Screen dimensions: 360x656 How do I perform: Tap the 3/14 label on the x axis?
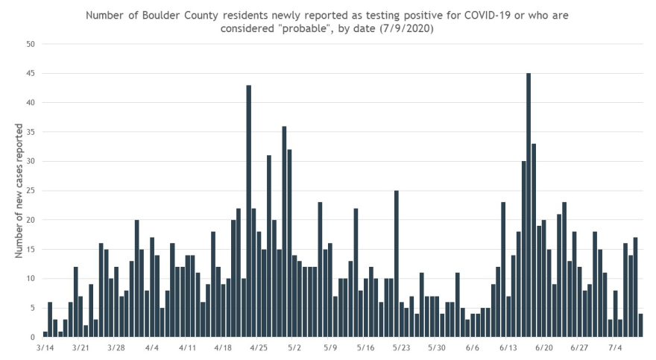coord(45,347)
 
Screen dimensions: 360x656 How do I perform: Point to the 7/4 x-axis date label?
coord(615,347)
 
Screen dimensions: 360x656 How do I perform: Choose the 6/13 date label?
coord(508,347)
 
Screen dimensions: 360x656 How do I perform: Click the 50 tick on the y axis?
coord(31,44)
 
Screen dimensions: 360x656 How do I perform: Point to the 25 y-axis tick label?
coord(31,191)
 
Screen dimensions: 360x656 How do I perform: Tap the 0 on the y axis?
coord(33,337)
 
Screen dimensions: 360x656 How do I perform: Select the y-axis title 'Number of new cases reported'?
coord(18,190)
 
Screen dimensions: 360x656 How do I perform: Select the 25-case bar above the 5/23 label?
coord(397,264)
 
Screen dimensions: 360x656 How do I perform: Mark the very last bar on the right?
coord(640,326)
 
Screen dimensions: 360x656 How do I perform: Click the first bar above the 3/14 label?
coord(45,334)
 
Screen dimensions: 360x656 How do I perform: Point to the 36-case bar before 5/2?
coord(285,232)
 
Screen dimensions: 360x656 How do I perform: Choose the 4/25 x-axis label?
coord(258,347)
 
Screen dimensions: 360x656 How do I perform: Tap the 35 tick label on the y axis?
coord(31,132)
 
